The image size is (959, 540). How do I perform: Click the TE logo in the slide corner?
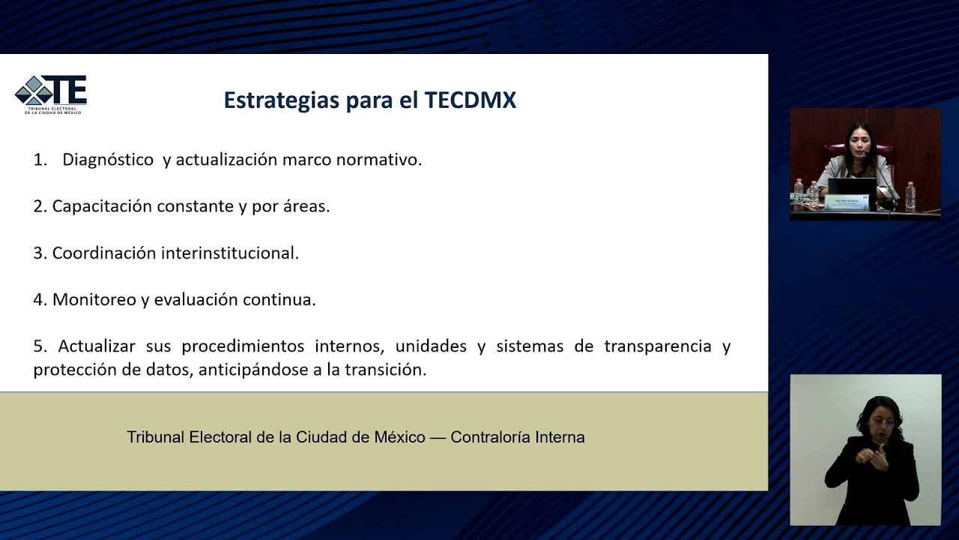click(x=51, y=94)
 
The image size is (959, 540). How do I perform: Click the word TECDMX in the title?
click(x=470, y=100)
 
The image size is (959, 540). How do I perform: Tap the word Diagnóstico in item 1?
click(x=108, y=160)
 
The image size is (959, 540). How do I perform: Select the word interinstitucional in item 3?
click(x=223, y=253)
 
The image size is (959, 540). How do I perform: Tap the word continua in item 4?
click(x=288, y=299)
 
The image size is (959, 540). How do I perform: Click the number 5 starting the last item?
click(x=38, y=346)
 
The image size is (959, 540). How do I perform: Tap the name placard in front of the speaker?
click(x=846, y=202)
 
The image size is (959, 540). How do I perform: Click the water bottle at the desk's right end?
click(x=910, y=196)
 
